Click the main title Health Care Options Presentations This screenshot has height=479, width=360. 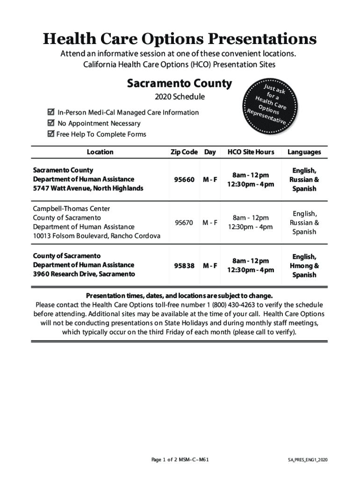[x=180, y=39]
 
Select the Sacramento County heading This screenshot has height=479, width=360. [x=179, y=84]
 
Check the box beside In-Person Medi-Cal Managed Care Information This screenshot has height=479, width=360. [x=51, y=112]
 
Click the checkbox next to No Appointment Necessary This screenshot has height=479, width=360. [x=51, y=123]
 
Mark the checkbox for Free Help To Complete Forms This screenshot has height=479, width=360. [x=51, y=134]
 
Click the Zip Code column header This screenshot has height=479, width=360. [x=184, y=152]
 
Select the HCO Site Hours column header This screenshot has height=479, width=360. [x=251, y=152]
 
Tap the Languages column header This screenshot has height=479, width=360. [x=304, y=152]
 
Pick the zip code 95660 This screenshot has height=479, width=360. [x=184, y=180]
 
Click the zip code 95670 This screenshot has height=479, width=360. [x=184, y=223]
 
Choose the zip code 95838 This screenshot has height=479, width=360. [x=184, y=266]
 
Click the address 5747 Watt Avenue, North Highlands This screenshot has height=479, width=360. [x=88, y=189]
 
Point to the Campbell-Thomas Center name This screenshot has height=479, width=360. [x=72, y=209]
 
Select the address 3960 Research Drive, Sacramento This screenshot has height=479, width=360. [x=84, y=274]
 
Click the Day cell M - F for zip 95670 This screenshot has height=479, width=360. [x=210, y=223]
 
